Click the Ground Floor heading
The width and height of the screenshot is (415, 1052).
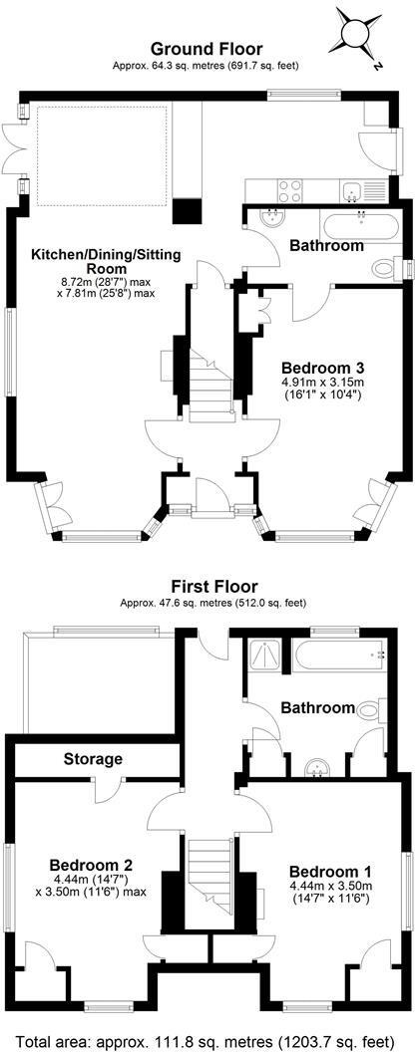point(207,48)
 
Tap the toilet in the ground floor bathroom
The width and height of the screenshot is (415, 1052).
point(385,267)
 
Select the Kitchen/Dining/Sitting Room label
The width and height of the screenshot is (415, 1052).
point(106,262)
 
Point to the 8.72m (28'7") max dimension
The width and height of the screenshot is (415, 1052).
point(106,282)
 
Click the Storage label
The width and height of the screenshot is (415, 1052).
point(93,759)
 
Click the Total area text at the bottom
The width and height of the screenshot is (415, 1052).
point(207,1035)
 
